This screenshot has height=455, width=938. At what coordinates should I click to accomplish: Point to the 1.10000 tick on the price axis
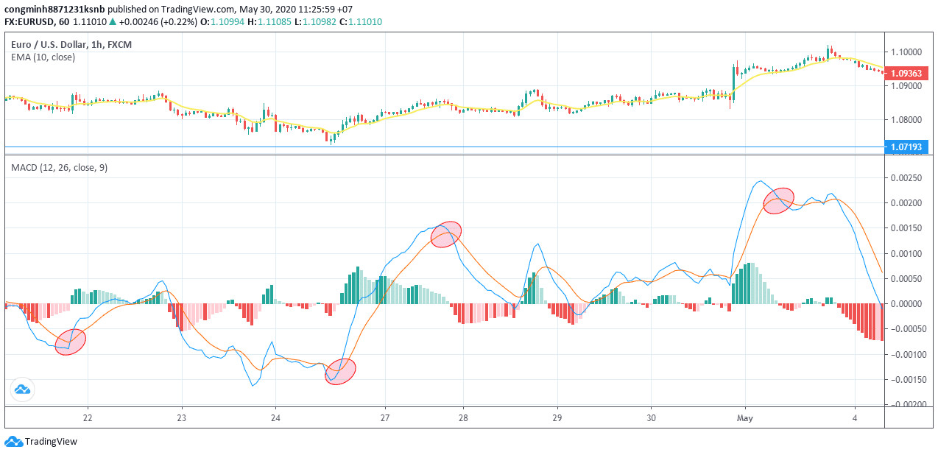tap(906, 52)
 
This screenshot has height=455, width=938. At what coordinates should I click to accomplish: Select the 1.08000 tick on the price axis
tap(906, 119)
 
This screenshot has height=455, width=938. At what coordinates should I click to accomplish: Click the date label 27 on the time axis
tap(385, 417)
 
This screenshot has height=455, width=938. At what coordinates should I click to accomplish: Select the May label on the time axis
tap(745, 417)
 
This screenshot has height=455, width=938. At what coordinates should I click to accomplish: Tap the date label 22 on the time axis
tap(88, 417)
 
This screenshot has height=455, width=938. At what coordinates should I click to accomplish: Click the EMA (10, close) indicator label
tap(43, 57)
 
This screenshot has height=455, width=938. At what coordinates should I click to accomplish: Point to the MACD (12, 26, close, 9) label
tap(59, 167)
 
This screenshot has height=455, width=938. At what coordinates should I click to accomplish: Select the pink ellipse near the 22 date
tap(71, 342)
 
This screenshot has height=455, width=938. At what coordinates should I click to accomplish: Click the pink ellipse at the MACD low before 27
tap(341, 371)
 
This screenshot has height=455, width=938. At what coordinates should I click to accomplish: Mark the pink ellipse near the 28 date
tap(445, 234)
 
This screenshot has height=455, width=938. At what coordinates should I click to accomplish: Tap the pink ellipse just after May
tap(778, 200)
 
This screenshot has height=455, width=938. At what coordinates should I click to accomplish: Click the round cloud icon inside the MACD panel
tap(22, 389)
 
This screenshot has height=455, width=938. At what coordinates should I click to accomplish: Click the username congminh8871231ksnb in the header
tap(54, 10)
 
